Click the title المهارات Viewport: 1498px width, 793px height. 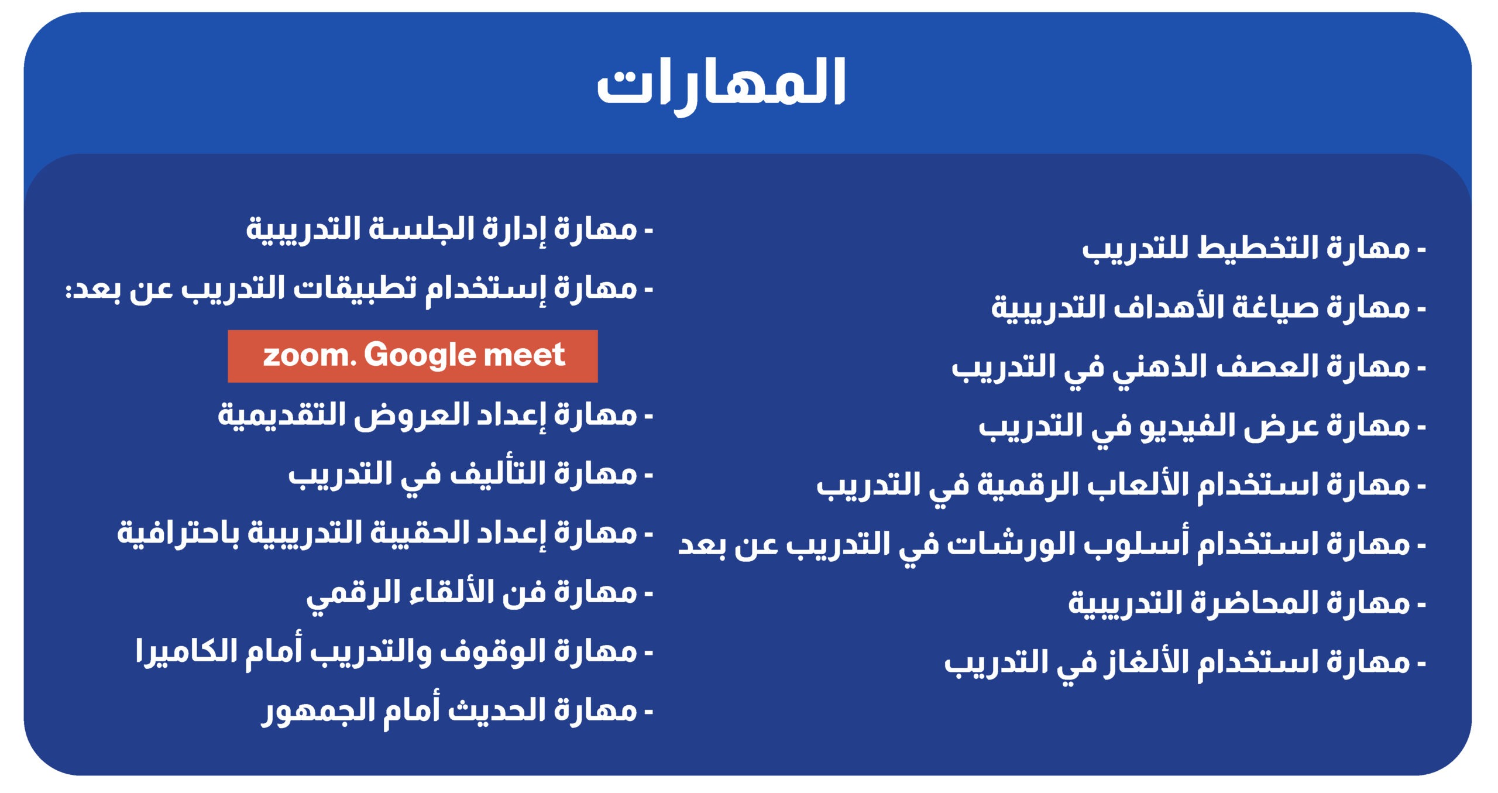721,85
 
